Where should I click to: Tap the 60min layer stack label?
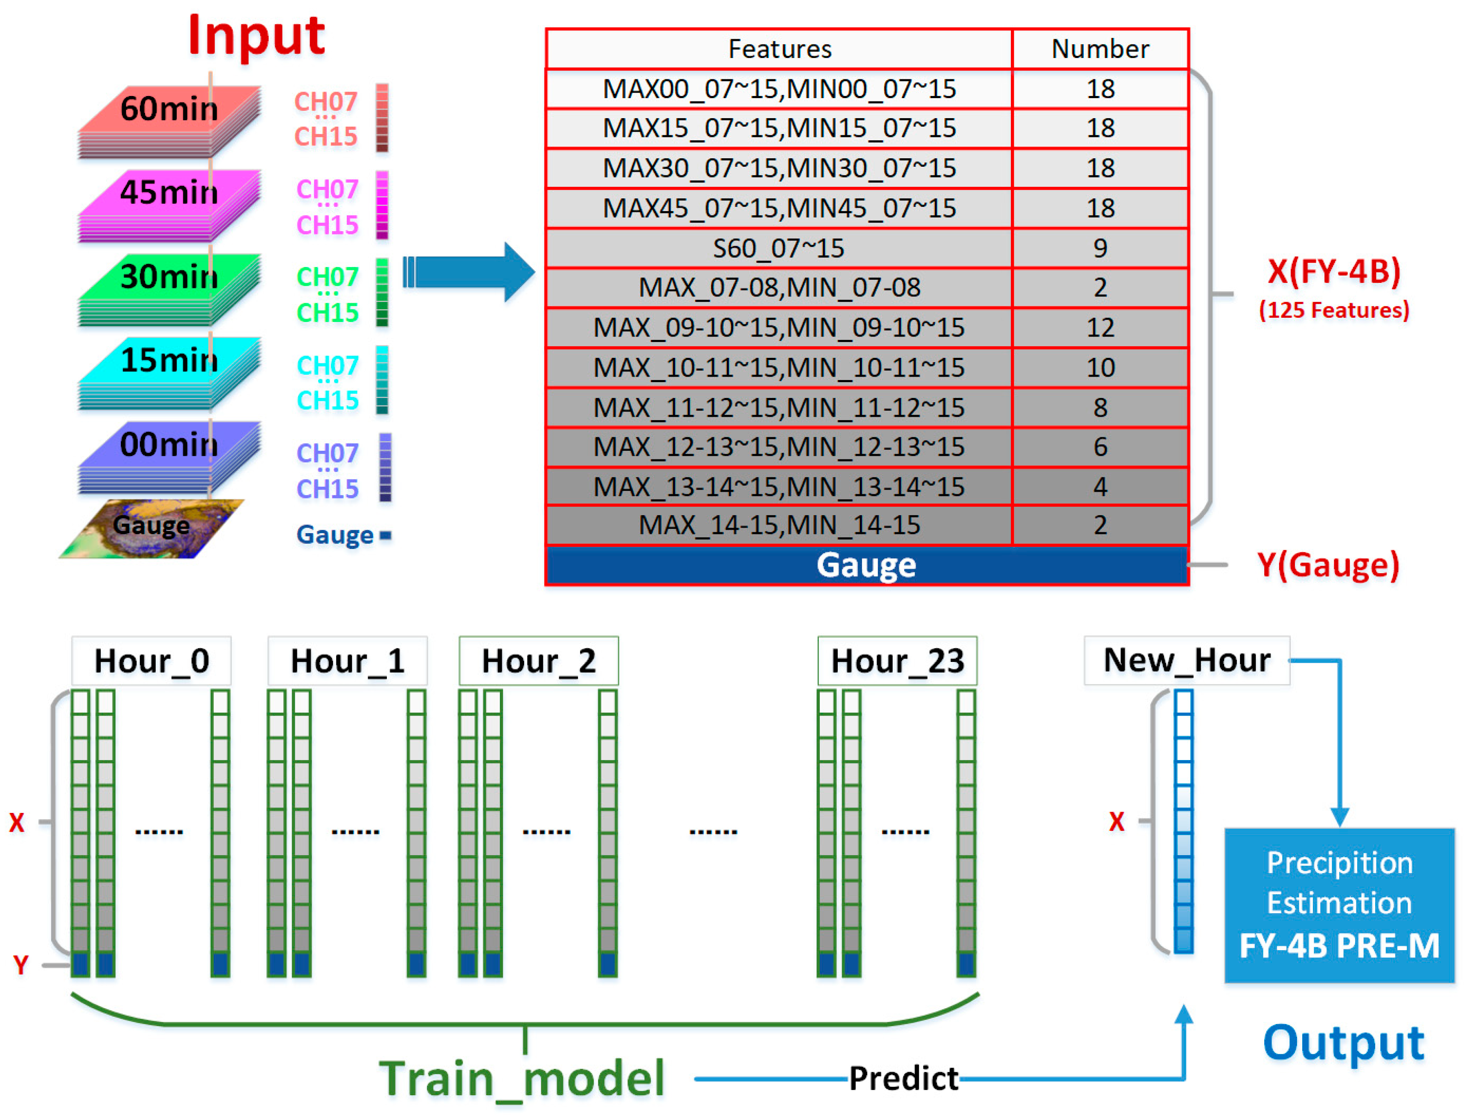(169, 108)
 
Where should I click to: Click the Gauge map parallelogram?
(151, 528)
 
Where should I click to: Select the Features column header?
(779, 49)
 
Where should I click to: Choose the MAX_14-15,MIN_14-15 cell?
(779, 525)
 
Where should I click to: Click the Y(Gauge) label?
(1328, 565)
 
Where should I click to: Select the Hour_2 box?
(539, 661)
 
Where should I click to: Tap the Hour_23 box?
(897, 661)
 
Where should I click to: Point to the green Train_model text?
(522, 1079)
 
